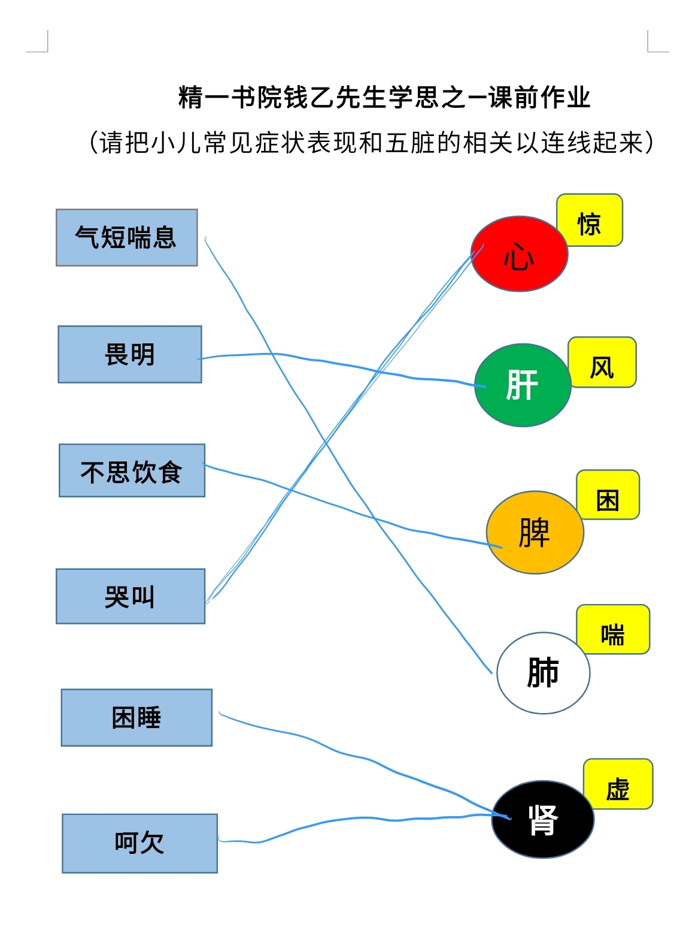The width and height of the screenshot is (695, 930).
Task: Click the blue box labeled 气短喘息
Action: (127, 237)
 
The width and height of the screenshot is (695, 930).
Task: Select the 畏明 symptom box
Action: (130, 354)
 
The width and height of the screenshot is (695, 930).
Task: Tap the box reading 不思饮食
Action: (132, 470)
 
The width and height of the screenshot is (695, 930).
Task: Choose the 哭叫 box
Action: (130, 596)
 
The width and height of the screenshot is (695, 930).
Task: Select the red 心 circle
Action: (520, 254)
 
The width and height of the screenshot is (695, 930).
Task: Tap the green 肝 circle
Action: (523, 385)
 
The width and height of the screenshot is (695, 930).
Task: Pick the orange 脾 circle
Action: (535, 532)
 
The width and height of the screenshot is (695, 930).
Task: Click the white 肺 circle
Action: (544, 673)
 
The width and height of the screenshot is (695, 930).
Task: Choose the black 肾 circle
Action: (543, 819)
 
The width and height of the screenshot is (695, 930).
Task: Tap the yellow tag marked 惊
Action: (590, 221)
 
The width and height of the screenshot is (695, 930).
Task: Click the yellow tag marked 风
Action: (602, 363)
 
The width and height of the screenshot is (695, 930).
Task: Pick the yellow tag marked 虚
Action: (618, 784)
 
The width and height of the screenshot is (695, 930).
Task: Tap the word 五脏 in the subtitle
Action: (410, 142)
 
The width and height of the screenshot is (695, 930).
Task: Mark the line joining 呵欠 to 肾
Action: (364, 821)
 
